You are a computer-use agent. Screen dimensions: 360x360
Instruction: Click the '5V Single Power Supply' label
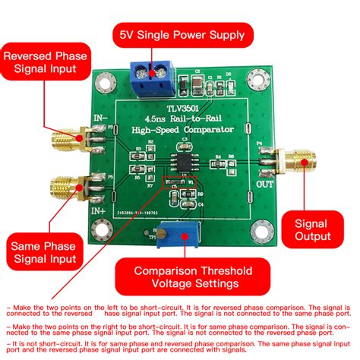[x=180, y=34]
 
